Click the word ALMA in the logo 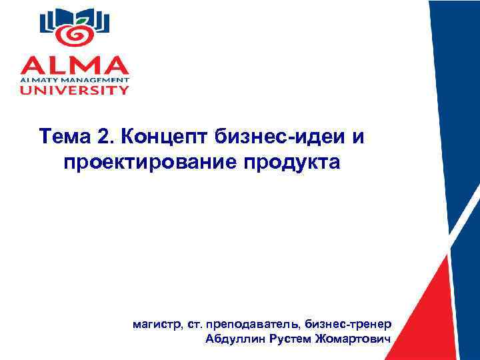[74, 64]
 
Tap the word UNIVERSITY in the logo [74, 90]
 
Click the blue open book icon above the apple [74, 16]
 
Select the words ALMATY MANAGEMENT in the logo [74, 79]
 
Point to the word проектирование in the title [151, 163]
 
